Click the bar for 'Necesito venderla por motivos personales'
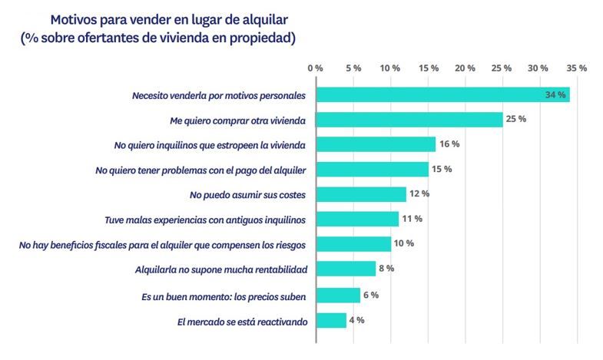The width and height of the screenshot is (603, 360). (x=442, y=95)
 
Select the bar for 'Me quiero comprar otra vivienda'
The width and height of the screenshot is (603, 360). (x=409, y=120)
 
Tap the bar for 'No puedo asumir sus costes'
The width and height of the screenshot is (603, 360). (x=360, y=194)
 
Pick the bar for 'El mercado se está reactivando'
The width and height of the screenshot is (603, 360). (x=330, y=320)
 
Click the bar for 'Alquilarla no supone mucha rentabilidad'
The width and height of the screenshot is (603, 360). (x=345, y=269)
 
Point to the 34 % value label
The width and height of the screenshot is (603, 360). (x=555, y=95)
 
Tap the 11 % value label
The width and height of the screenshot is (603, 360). (x=412, y=219)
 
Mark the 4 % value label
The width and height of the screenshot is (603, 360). (x=356, y=320)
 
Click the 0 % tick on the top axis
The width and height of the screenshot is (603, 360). (x=315, y=68)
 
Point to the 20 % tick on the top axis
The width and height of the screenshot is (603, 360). (x=465, y=68)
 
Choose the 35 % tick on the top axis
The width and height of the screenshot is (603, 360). (x=576, y=68)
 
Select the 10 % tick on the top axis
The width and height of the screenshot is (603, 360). (x=390, y=68)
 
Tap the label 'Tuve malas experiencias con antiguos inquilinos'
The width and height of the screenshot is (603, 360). (x=206, y=220)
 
